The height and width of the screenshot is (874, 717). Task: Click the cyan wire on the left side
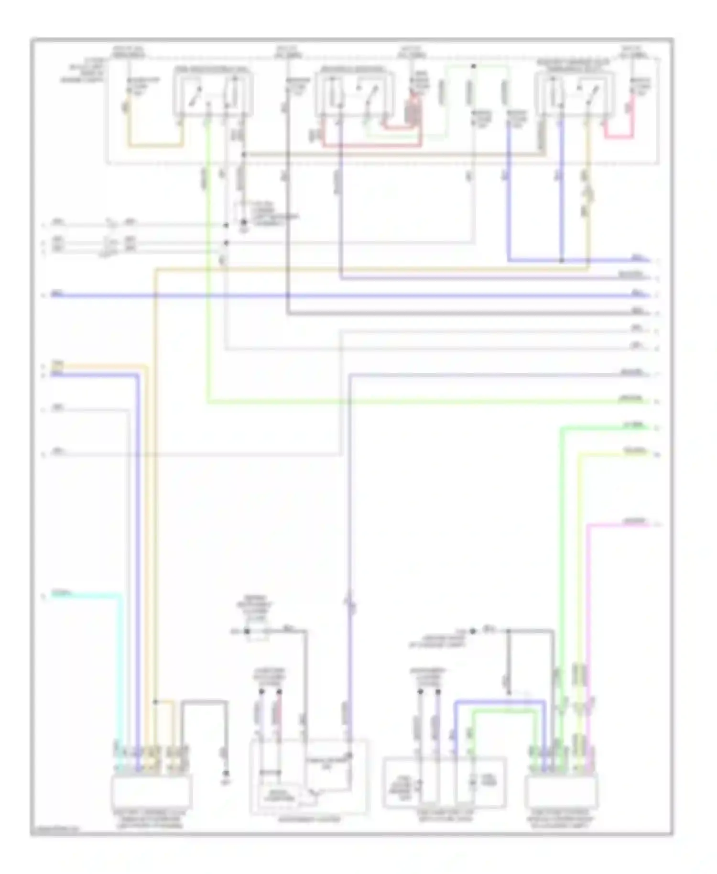(96, 595)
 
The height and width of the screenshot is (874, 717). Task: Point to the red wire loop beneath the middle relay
(373, 144)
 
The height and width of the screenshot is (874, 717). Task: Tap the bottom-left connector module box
(151, 791)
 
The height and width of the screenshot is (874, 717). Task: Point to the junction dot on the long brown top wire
(243, 154)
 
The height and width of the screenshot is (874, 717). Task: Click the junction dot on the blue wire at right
(562, 261)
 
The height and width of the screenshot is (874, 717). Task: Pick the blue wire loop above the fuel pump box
(500, 702)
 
